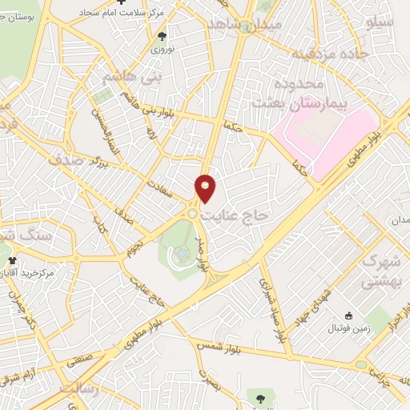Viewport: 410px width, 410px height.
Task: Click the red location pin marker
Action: (x=206, y=188)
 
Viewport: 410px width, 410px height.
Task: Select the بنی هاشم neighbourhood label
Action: (x=132, y=78)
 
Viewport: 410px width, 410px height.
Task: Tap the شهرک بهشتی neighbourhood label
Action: (x=380, y=271)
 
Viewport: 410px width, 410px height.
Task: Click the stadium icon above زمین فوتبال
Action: (x=348, y=316)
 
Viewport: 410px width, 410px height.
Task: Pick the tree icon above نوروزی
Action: (x=163, y=36)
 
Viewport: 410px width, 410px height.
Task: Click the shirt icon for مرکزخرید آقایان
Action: (x=9, y=260)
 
